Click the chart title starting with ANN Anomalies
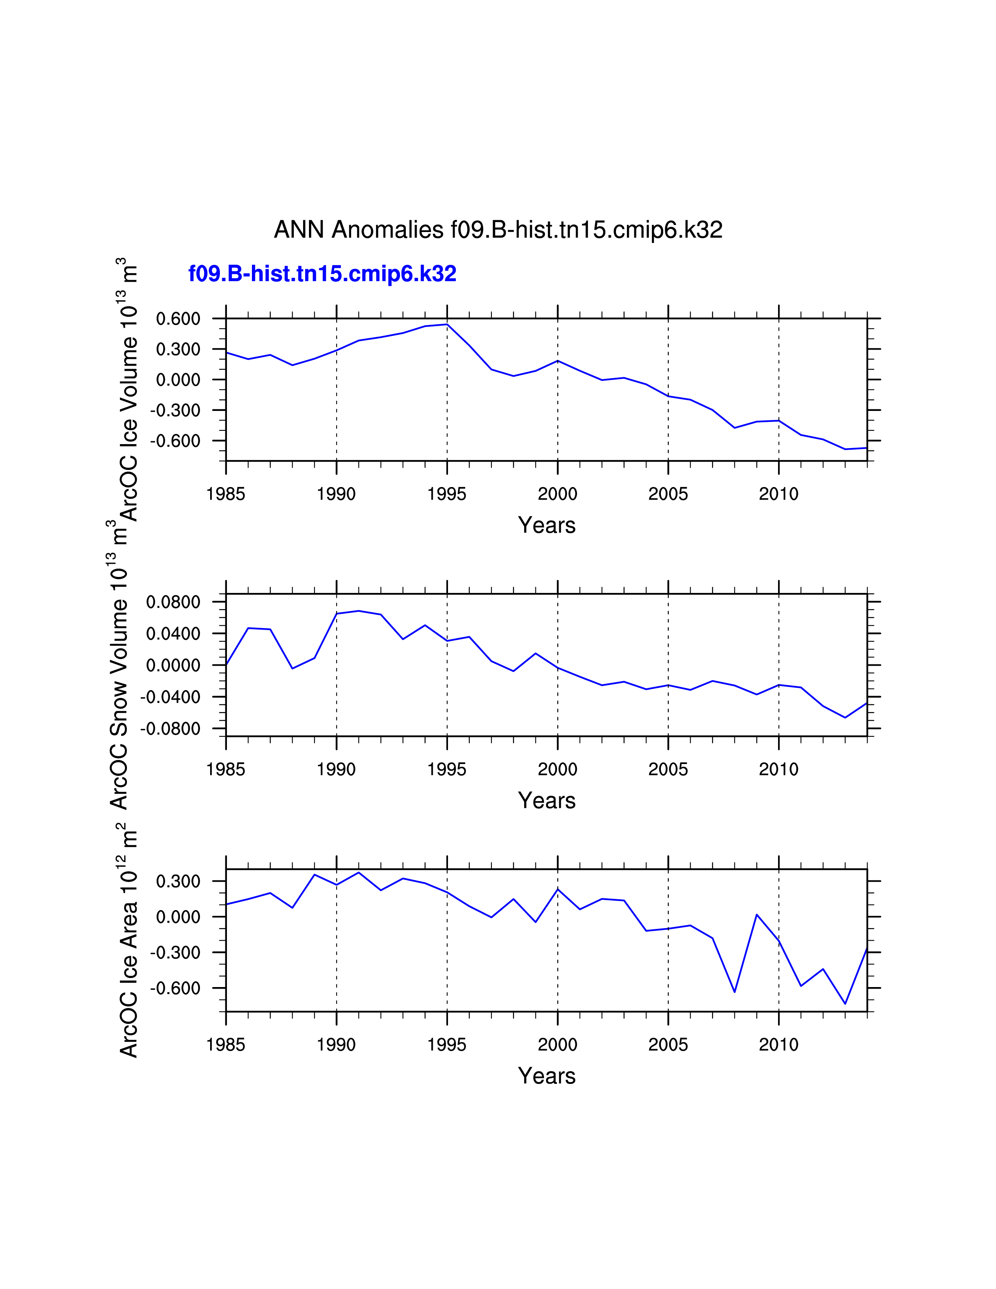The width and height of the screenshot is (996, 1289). click(x=498, y=230)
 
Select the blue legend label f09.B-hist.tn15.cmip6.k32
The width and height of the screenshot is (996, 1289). click(x=322, y=274)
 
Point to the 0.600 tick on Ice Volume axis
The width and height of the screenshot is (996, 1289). click(x=178, y=319)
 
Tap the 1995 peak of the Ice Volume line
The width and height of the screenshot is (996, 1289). click(x=447, y=324)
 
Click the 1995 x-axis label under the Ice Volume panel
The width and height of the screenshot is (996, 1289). click(x=447, y=494)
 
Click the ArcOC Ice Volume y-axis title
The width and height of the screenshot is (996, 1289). click(x=129, y=389)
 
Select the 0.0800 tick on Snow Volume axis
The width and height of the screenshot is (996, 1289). click(x=173, y=602)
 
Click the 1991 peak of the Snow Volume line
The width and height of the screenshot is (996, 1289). click(x=359, y=611)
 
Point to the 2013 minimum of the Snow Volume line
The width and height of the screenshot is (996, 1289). click(x=845, y=718)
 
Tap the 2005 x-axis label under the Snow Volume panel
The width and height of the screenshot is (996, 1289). click(x=668, y=769)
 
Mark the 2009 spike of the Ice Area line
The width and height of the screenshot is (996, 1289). click(x=757, y=915)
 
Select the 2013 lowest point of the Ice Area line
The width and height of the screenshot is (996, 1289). click(x=845, y=1004)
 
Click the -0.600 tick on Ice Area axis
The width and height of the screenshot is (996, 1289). click(x=175, y=988)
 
